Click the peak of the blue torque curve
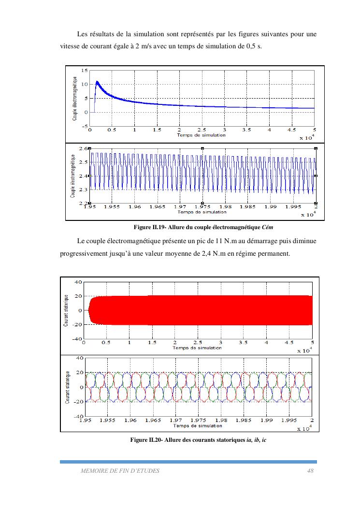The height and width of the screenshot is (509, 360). click(x=97, y=82)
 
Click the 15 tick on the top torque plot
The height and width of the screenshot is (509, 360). click(x=85, y=71)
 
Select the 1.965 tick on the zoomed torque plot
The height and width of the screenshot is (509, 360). click(x=157, y=207)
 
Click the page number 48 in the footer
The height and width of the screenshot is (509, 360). click(x=310, y=470)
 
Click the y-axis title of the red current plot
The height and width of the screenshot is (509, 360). click(x=66, y=310)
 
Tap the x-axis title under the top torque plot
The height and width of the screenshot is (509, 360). click(x=201, y=135)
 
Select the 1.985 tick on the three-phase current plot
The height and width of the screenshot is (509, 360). click(x=244, y=421)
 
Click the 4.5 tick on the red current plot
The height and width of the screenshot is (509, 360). click(x=289, y=343)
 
